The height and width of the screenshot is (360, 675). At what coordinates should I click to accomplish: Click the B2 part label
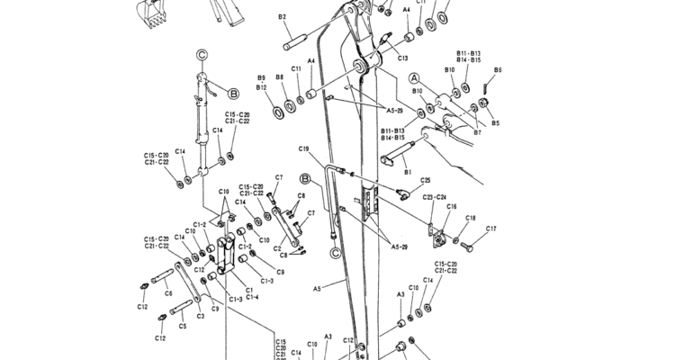[283, 17]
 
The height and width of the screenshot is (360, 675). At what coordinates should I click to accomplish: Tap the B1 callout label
[408, 169]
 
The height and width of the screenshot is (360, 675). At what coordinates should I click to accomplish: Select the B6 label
[498, 69]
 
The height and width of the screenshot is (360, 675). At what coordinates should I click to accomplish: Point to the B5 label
[495, 122]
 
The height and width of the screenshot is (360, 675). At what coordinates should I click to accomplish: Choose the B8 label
[280, 77]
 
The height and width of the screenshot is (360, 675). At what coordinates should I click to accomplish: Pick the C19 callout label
[304, 148]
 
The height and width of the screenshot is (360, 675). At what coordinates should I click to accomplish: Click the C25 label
[425, 180]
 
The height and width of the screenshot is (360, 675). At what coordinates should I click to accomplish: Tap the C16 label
[451, 206]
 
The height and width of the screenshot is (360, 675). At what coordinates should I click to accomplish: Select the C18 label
[470, 219]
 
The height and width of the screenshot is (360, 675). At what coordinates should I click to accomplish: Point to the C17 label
[491, 229]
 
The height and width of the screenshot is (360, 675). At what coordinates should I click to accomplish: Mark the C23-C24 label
[435, 197]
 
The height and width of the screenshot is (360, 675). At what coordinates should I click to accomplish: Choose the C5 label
[183, 326]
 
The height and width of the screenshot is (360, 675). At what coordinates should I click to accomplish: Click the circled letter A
[415, 78]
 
